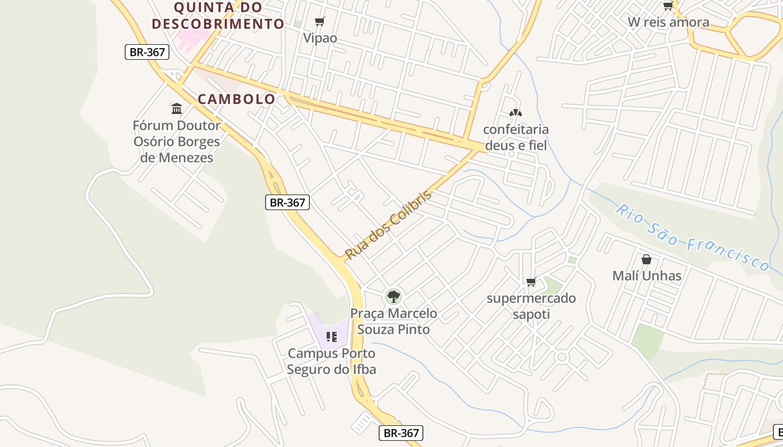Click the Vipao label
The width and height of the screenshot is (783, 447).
320,38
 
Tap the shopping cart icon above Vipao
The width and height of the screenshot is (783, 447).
319,22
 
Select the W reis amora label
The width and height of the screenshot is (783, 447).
668,22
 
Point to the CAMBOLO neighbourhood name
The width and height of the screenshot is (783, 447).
237,99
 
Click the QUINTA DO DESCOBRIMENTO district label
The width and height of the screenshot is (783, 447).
218,16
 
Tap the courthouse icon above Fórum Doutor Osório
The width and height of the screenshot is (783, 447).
177,108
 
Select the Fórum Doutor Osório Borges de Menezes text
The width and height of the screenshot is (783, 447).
177,141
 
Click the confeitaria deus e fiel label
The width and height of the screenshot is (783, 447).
516,137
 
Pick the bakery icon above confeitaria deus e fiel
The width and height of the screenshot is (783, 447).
516,113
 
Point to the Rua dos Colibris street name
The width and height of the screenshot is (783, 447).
389,225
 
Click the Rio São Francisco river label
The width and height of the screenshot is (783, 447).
692,238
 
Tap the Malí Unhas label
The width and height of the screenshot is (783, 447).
647,275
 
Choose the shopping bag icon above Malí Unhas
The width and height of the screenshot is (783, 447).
647,259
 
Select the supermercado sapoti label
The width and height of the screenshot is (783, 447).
531,306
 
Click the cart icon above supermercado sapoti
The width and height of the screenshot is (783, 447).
531,282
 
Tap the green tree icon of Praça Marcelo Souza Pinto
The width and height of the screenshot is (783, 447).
394,296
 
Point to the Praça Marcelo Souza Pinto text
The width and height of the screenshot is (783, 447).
394,321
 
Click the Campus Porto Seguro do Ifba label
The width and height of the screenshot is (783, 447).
331,361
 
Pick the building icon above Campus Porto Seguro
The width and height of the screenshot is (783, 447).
332,337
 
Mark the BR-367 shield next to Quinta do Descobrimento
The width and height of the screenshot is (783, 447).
147,52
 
